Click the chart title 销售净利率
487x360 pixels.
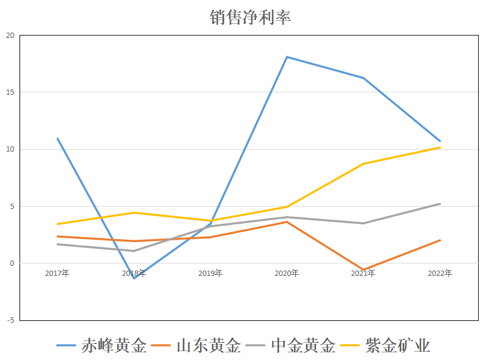click(250, 17)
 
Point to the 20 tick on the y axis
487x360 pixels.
click(9, 36)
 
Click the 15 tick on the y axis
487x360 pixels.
click(9, 92)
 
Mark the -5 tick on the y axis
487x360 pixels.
click(9, 320)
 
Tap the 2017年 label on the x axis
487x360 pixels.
click(57, 273)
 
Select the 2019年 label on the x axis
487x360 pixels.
click(211, 273)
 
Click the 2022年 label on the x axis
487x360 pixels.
click(440, 273)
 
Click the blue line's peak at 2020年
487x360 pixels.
click(287, 57)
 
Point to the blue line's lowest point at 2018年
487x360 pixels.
click(134, 278)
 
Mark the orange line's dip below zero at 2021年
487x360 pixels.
click(363, 270)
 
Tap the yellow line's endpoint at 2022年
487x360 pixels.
click(440, 147)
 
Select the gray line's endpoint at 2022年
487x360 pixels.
click(440, 204)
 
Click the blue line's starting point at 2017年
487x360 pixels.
click(57, 139)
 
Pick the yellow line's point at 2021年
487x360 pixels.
click(363, 163)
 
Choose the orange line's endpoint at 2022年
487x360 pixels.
click(440, 240)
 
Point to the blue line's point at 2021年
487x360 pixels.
click(363, 78)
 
